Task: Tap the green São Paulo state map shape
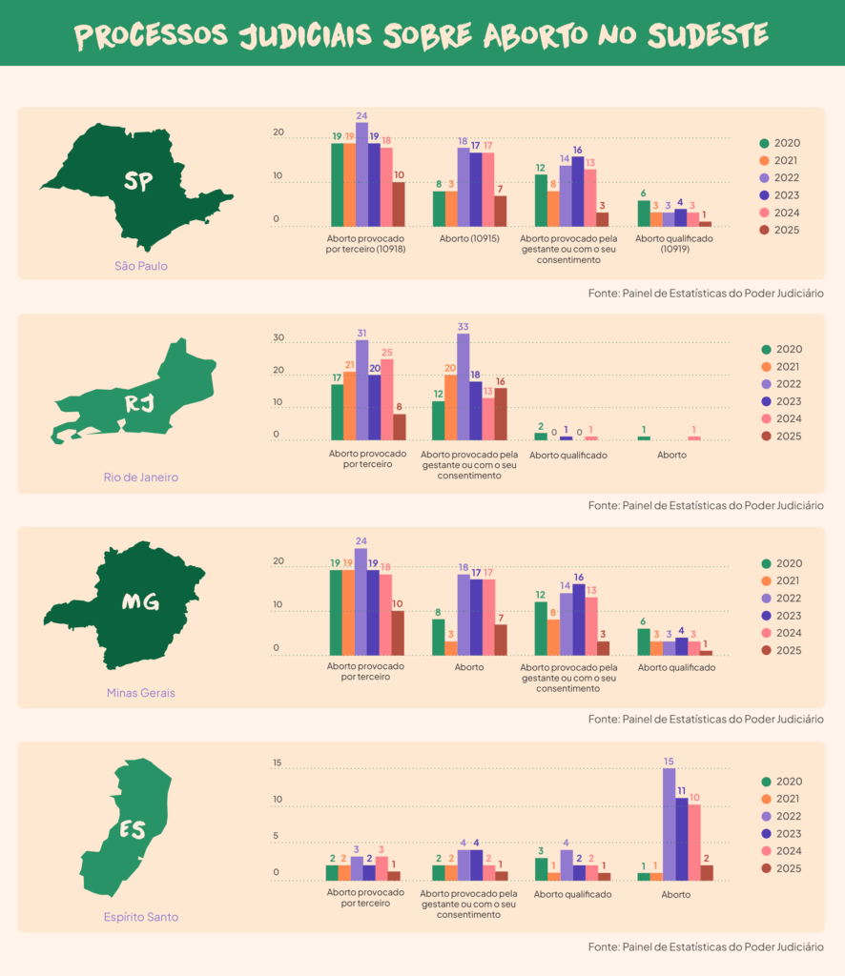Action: tap(134, 186)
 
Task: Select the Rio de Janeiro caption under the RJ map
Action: tap(141, 477)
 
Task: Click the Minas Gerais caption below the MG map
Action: tap(140, 693)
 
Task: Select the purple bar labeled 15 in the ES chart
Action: tap(669, 824)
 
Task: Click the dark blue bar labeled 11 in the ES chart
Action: tap(681, 839)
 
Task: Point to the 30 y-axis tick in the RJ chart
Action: tap(278, 338)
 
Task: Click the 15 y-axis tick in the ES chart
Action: tap(278, 763)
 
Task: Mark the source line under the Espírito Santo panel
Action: tap(705, 946)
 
